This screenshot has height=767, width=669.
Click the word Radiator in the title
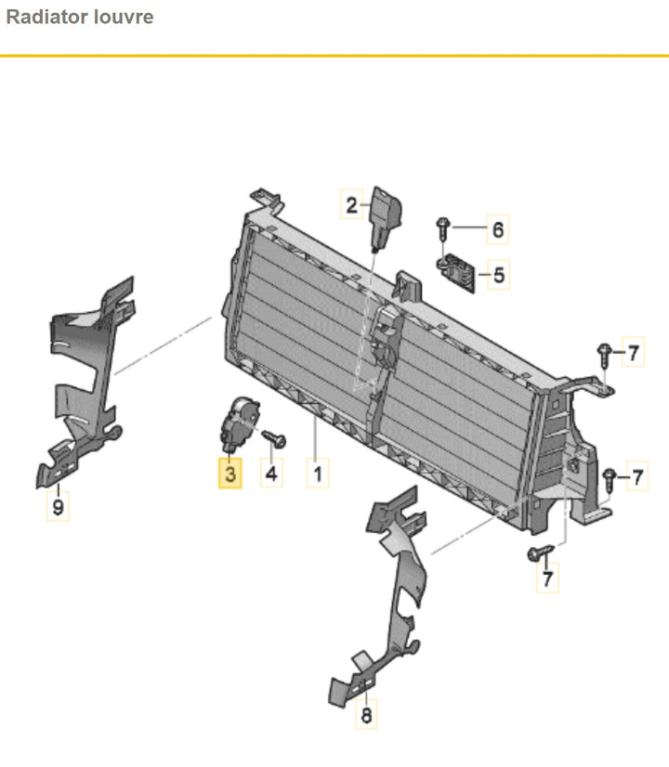tap(46, 17)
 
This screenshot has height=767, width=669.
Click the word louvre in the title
tap(124, 17)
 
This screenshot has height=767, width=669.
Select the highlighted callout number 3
tap(230, 474)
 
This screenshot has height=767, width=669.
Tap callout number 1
tap(318, 474)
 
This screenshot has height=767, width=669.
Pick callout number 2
tap(351, 204)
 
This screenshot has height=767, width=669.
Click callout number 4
tap(271, 474)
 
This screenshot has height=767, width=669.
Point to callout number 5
tap(498, 275)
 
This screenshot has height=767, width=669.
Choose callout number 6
tap(498, 229)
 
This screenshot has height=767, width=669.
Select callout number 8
tap(366, 715)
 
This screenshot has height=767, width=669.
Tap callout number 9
tap(58, 506)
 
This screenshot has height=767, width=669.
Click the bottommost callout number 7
tap(547, 578)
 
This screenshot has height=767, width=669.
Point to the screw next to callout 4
tap(274, 438)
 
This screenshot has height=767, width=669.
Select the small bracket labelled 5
tap(456, 275)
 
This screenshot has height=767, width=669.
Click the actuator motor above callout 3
tap(239, 424)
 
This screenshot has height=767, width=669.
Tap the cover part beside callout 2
tap(387, 218)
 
